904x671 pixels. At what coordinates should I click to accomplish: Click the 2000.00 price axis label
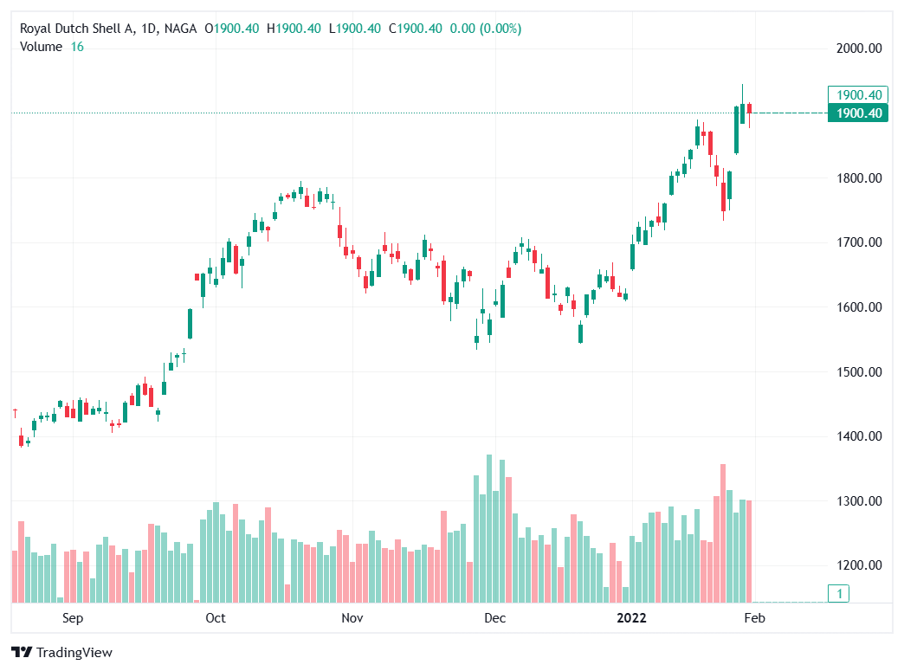pyautogui.click(x=859, y=48)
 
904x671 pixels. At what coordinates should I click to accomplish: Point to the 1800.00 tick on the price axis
pyautogui.click(x=859, y=178)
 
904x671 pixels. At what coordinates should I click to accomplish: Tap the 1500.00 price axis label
pyautogui.click(x=859, y=372)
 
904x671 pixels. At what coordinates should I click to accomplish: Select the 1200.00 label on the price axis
pyautogui.click(x=859, y=565)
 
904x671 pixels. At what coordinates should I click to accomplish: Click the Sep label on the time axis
pyautogui.click(x=73, y=618)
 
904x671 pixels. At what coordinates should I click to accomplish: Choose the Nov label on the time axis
pyautogui.click(x=351, y=618)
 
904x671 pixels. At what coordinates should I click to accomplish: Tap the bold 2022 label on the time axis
pyautogui.click(x=630, y=618)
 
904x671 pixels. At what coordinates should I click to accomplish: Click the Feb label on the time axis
pyautogui.click(x=755, y=618)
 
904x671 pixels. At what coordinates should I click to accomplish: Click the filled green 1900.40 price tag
pyautogui.click(x=857, y=113)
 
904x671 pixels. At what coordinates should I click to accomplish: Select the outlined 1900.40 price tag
pyautogui.click(x=857, y=95)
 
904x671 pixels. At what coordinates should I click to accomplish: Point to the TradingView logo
pyautogui.click(x=61, y=652)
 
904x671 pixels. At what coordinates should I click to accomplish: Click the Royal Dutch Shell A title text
pyautogui.click(x=78, y=29)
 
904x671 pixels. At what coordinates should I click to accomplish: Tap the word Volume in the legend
pyautogui.click(x=41, y=47)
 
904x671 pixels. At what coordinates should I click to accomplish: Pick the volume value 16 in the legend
pyautogui.click(x=77, y=47)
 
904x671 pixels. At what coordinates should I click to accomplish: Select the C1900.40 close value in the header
pyautogui.click(x=415, y=29)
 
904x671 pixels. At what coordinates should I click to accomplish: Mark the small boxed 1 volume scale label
pyautogui.click(x=837, y=594)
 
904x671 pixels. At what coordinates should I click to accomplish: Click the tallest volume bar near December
pyautogui.click(x=489, y=528)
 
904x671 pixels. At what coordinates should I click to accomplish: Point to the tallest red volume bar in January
pyautogui.click(x=723, y=532)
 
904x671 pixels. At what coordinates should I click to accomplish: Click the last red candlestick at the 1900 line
pyautogui.click(x=750, y=108)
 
